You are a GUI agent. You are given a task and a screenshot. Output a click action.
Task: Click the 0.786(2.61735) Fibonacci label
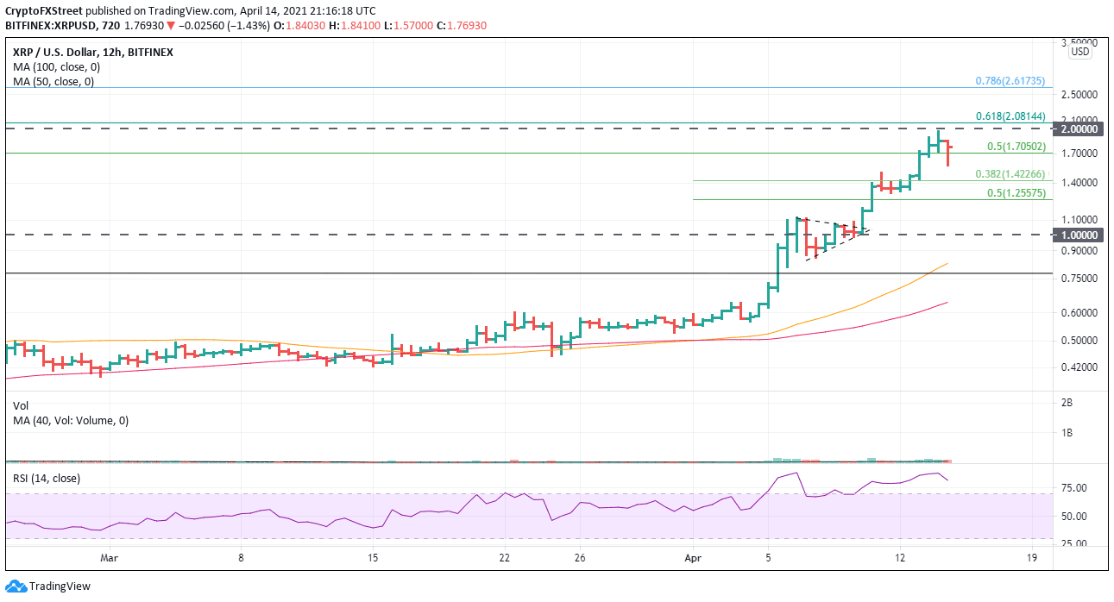[1010, 81]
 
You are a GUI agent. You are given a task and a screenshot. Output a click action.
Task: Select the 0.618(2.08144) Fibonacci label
[1010, 116]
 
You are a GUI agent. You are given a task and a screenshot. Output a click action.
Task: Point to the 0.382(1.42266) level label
[1010, 174]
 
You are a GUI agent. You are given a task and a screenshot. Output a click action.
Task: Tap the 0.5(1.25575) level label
[1016, 193]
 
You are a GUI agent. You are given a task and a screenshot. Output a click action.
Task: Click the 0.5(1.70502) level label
[1016, 147]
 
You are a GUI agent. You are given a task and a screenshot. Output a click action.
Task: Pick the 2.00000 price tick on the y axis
[1079, 129]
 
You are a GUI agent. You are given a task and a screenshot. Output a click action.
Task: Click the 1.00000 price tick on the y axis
[1079, 235]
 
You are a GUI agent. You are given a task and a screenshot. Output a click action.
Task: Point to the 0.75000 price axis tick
[1079, 279]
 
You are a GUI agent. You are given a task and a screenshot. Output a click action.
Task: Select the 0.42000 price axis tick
[1079, 367]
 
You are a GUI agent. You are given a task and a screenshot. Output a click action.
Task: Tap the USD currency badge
[1080, 52]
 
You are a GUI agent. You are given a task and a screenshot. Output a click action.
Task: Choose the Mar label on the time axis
[109, 558]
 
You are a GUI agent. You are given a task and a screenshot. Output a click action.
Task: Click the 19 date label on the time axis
[1032, 558]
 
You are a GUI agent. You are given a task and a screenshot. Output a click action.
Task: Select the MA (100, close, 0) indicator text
[53, 66]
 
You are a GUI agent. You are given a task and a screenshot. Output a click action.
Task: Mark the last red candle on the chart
[949, 154]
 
